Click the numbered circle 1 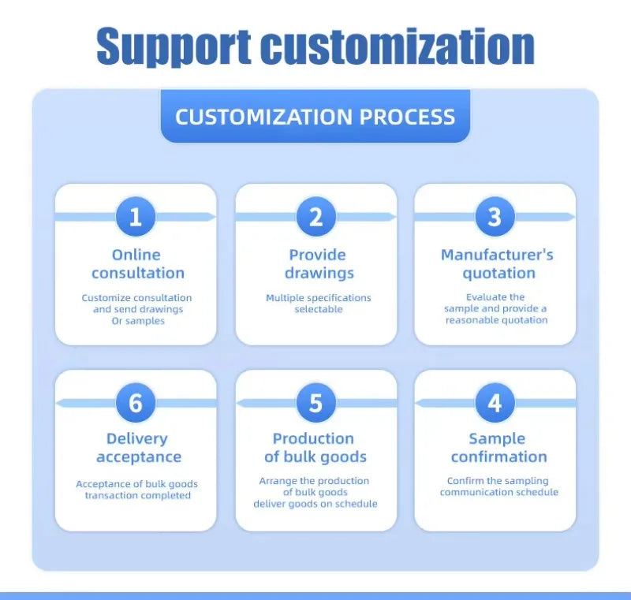(x=136, y=217)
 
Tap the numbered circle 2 (x=316, y=217)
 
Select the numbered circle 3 (x=495, y=217)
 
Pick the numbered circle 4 (x=495, y=403)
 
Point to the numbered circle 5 (x=316, y=403)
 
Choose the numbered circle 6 (x=136, y=403)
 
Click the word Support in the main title (x=174, y=47)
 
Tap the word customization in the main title (x=398, y=46)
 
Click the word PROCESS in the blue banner (x=407, y=117)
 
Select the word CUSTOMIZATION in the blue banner (x=264, y=117)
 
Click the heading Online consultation (x=137, y=264)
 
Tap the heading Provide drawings (x=319, y=264)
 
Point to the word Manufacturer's (x=497, y=255)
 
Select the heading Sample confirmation (x=498, y=448)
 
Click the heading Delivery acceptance (x=138, y=448)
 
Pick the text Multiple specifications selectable (x=319, y=304)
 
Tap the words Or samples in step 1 (x=138, y=321)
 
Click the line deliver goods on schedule (x=315, y=504)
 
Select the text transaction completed (x=137, y=495)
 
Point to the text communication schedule (x=499, y=492)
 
